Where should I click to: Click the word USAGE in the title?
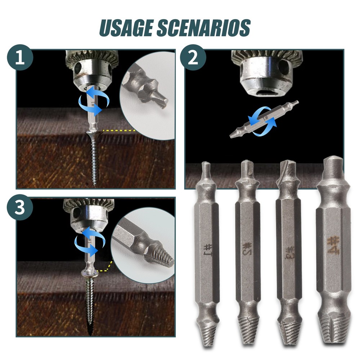click(126, 28)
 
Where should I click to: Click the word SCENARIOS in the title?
click(203, 28)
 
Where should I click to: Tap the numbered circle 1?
click(20, 57)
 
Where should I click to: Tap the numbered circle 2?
click(193, 57)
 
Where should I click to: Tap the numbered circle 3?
click(20, 207)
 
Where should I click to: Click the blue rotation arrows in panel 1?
click(94, 101)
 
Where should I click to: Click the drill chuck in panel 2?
click(267, 73)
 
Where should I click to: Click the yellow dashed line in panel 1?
click(118, 130)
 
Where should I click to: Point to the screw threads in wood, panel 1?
click(94, 161)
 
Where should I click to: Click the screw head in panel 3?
click(90, 273)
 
